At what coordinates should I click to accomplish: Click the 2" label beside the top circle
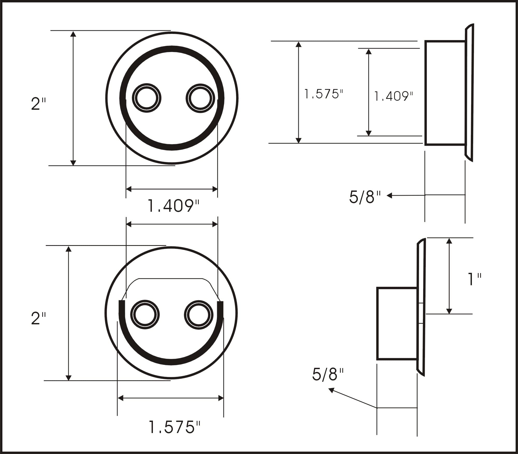click(38, 104)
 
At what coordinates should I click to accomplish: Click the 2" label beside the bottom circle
click(38, 319)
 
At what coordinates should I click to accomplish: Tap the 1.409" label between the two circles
click(173, 206)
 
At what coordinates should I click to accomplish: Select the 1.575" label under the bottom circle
click(174, 427)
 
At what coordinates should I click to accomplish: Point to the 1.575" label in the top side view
click(324, 94)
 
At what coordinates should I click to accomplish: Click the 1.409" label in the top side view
click(393, 96)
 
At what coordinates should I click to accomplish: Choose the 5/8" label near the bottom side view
click(328, 375)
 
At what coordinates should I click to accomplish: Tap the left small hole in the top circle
click(147, 98)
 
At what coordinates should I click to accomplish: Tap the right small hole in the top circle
click(200, 98)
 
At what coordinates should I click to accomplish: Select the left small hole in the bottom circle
click(145, 315)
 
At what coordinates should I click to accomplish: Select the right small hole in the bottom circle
click(198, 315)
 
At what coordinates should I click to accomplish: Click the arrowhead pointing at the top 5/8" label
click(389, 196)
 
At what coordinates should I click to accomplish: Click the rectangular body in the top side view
click(445, 92)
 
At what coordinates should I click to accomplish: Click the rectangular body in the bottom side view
click(397, 324)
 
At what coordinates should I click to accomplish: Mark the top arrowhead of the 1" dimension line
click(449, 241)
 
